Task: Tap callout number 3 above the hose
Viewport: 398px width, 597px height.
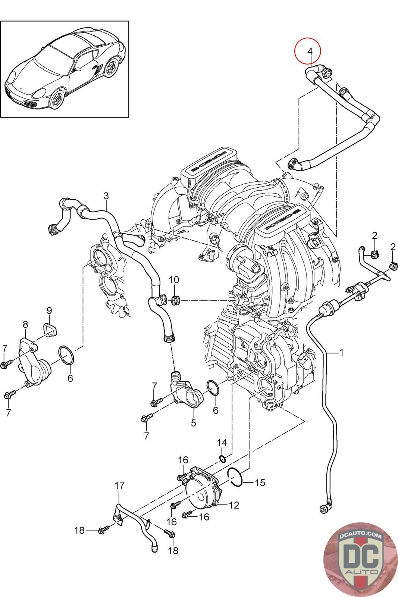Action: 106,196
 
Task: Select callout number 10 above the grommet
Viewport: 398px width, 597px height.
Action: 174,280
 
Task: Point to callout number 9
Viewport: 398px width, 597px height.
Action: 49,311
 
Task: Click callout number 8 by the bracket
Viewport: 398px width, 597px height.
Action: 25,324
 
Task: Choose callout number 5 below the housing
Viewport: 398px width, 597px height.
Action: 194,423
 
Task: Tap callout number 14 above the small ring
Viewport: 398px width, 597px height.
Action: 222,443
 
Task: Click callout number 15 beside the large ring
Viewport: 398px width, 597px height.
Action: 260,483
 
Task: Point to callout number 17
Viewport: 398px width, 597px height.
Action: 120,485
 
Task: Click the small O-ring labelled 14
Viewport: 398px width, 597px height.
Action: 223,459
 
